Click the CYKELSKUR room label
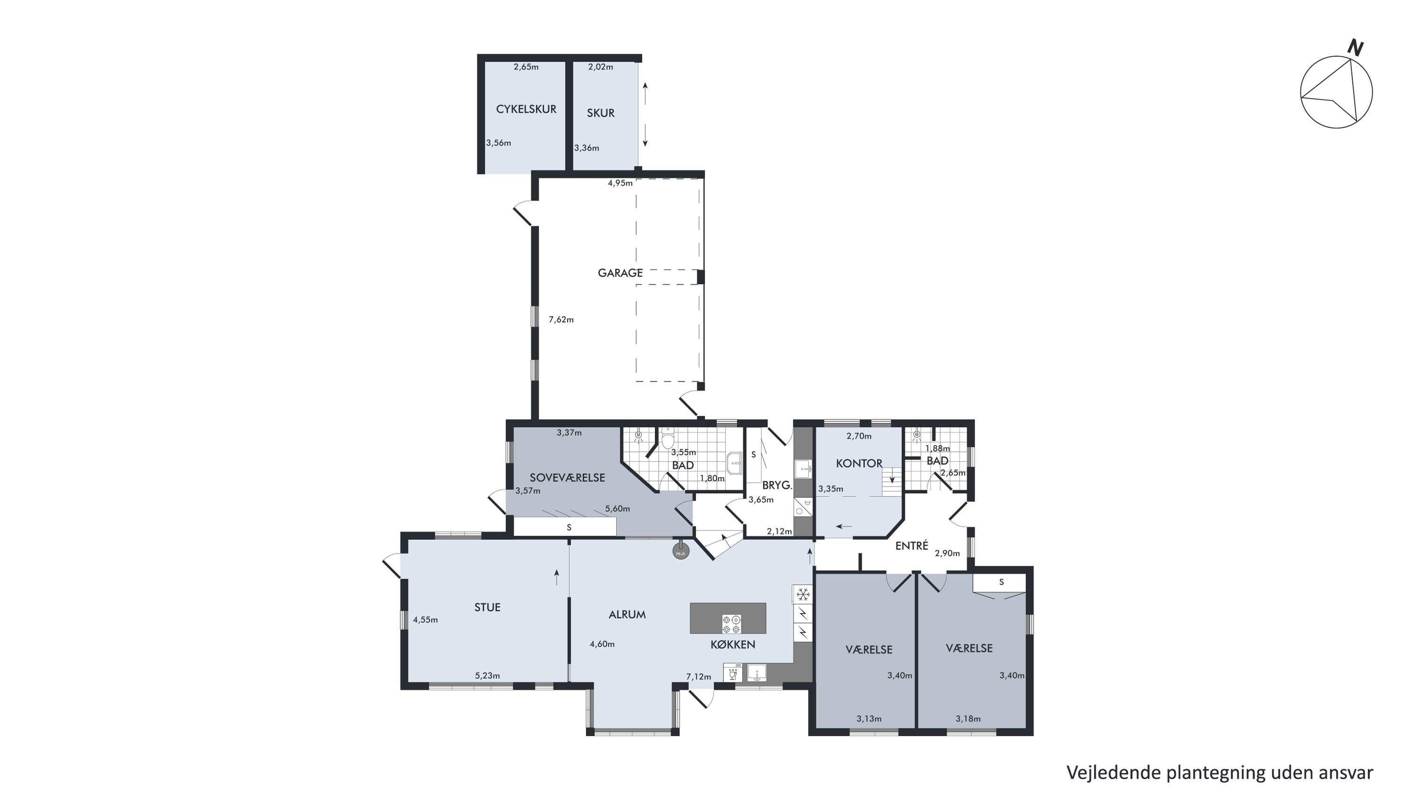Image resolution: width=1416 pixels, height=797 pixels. (526, 109)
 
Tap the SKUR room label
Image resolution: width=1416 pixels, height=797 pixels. (600, 113)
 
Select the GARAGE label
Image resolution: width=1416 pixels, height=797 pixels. (620, 273)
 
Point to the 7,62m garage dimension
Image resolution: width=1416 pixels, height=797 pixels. (561, 319)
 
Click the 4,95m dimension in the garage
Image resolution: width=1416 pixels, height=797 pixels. (620, 183)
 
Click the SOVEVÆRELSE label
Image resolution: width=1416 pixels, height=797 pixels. (567, 478)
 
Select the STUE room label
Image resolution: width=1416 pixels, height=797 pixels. (487, 607)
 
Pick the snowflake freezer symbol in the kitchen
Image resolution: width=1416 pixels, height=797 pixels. (803, 594)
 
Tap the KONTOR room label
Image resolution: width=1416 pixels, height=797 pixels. (859, 463)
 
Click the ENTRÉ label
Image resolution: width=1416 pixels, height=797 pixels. (911, 546)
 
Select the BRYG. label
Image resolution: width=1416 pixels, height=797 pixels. (777, 486)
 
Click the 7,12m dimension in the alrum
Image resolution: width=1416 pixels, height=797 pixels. (699, 677)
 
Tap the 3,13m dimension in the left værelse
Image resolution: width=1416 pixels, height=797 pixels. (869, 719)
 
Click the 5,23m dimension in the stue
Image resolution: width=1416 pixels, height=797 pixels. (488, 676)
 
